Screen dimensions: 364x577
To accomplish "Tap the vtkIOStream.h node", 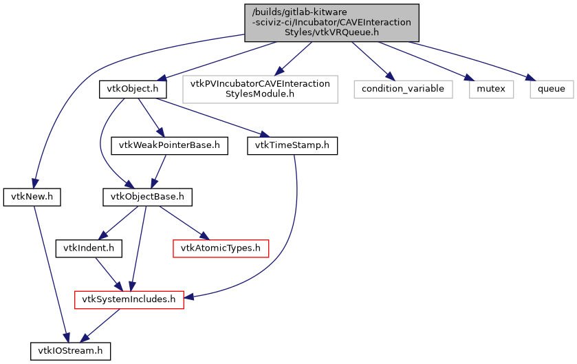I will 70,351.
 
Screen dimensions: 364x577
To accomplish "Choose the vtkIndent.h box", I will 89,248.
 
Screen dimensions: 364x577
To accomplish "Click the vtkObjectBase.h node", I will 147,197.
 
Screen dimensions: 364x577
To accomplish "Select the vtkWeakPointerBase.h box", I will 169,146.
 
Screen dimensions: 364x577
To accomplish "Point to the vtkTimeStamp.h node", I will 292,146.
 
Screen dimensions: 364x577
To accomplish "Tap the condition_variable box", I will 403,89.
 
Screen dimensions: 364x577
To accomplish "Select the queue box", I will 552,89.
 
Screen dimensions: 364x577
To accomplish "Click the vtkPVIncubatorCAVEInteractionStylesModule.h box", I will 261,89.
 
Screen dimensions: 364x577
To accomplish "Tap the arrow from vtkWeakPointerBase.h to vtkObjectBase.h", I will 160,171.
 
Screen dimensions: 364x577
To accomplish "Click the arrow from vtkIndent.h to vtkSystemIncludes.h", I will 107,272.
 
